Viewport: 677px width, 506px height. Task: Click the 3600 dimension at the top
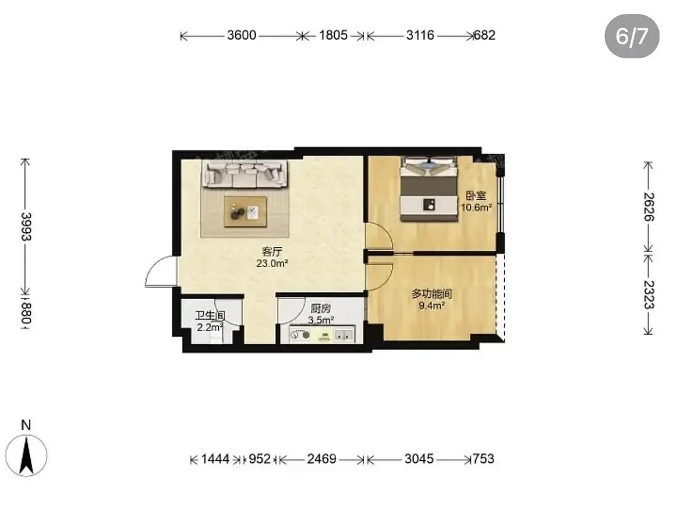click(241, 35)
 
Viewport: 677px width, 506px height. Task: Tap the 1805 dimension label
click(333, 35)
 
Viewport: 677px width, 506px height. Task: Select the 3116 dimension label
click(419, 35)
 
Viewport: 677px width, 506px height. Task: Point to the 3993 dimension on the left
click(26, 226)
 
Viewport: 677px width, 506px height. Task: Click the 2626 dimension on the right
click(649, 207)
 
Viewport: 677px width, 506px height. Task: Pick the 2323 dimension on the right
click(649, 295)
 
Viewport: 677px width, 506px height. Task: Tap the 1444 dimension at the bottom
click(215, 459)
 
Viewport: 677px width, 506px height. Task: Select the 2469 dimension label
click(322, 459)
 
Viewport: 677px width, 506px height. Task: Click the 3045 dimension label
click(419, 459)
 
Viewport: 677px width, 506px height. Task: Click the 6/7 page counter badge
click(632, 36)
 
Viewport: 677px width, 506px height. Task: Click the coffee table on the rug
click(245, 211)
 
